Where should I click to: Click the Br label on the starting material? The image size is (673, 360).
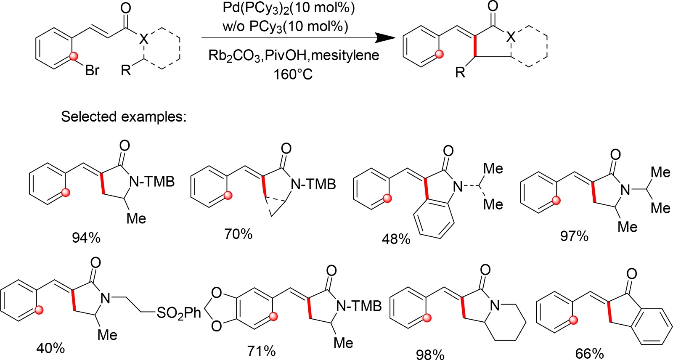point(92,70)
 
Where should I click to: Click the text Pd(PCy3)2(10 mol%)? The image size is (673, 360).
point(289,8)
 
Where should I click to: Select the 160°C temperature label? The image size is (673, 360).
point(293,74)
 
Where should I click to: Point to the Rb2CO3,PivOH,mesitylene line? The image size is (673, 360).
point(294,56)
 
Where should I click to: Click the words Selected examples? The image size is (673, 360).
point(124,116)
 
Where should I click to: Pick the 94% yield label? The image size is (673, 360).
point(86,238)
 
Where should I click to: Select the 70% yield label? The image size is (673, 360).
point(238,234)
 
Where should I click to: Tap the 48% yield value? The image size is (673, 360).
point(396,239)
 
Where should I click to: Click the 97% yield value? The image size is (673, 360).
point(574,236)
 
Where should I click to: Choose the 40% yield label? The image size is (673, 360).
point(50,348)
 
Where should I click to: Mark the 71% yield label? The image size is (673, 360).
point(261,350)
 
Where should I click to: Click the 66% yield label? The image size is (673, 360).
point(590,353)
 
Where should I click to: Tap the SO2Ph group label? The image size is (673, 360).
point(179,313)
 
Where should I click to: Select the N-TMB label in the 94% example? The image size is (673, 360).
point(152,182)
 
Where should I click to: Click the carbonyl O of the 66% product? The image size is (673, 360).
point(631,274)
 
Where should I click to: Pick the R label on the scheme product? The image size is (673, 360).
point(460,72)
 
